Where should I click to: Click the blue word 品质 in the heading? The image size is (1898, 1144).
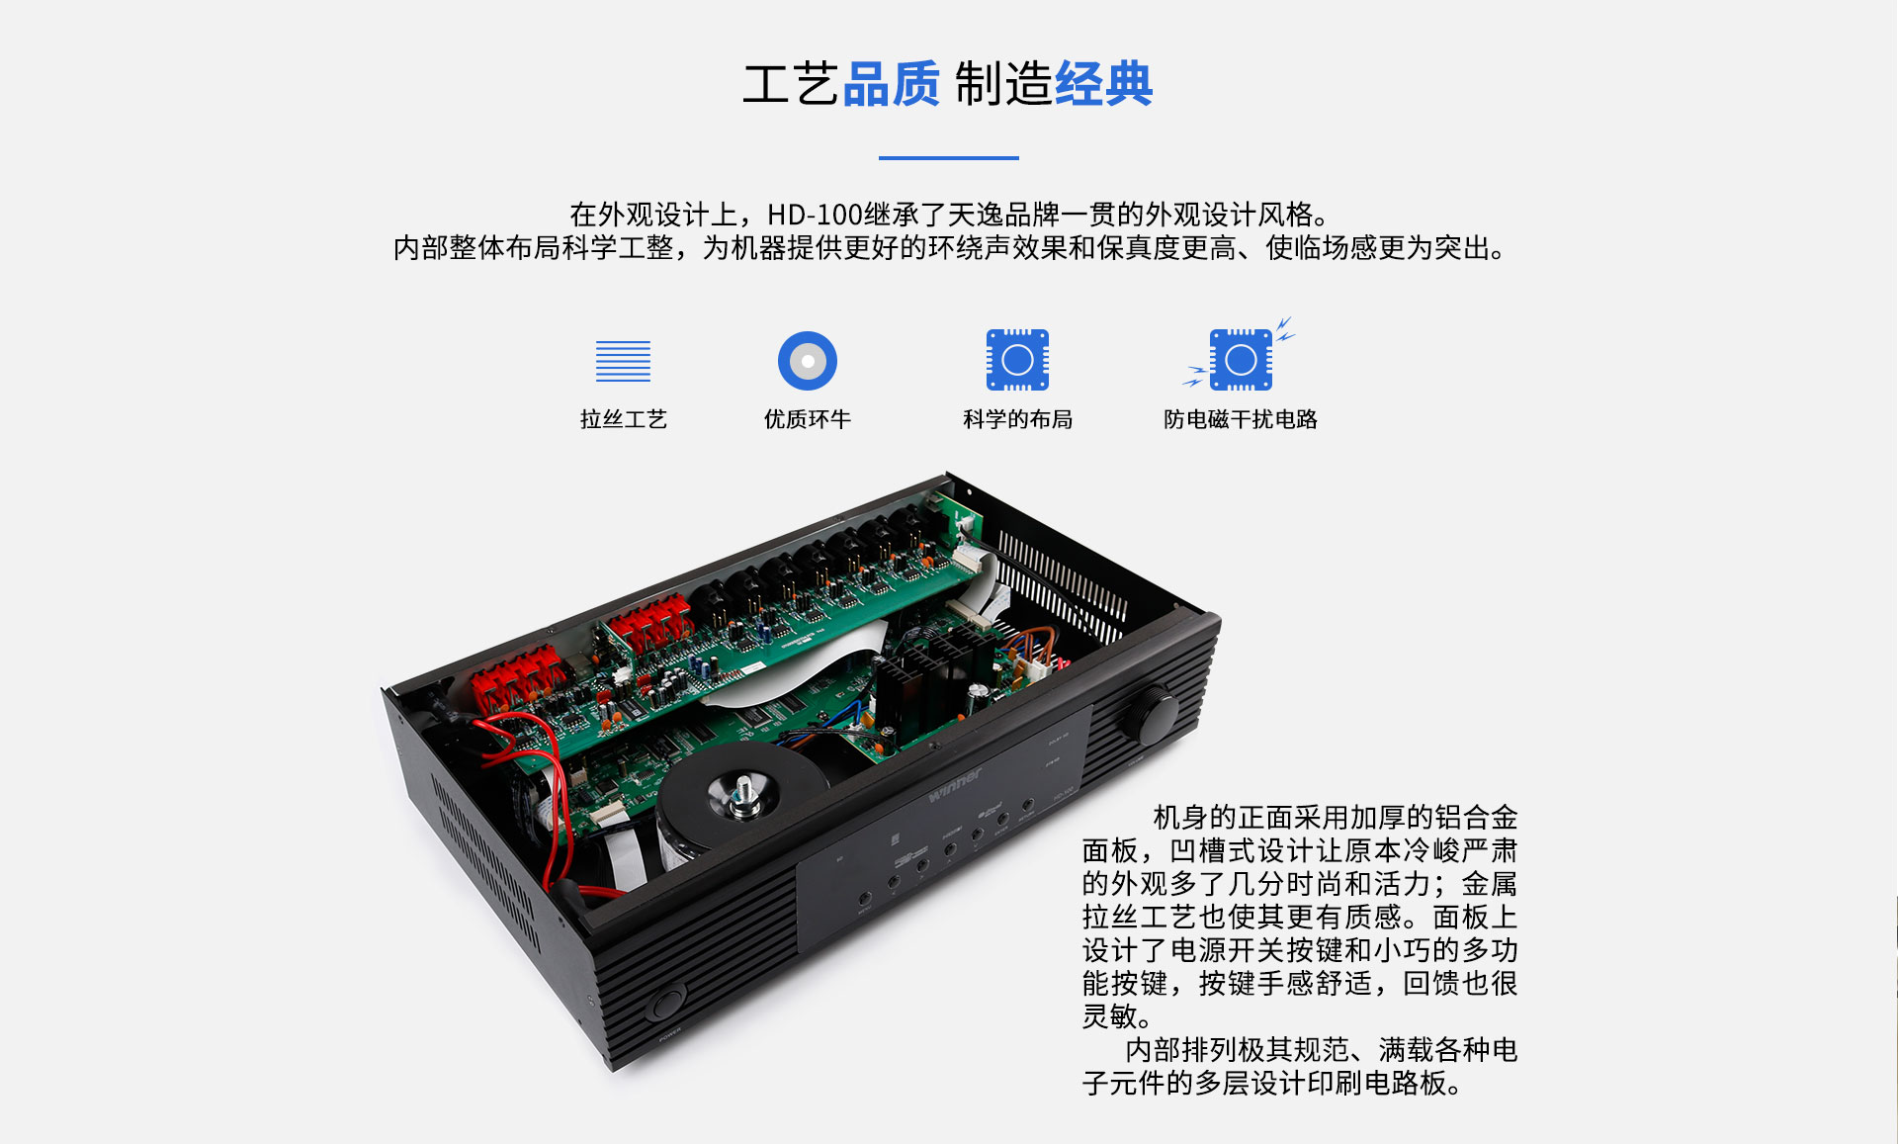(x=891, y=84)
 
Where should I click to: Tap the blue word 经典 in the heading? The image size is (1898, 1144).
(x=1103, y=84)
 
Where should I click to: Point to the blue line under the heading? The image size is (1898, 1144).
(x=948, y=157)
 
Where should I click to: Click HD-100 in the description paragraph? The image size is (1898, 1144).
(x=815, y=215)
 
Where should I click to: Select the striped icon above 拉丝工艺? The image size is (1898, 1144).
(x=623, y=361)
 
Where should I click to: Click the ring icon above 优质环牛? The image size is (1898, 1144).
(x=808, y=361)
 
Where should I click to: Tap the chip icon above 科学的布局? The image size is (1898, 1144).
(x=1017, y=360)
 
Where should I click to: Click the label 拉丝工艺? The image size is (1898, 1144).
(x=623, y=419)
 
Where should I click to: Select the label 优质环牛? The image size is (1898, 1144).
(x=808, y=419)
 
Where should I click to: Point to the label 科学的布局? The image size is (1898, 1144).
(x=1017, y=419)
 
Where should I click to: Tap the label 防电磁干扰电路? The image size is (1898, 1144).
(x=1241, y=419)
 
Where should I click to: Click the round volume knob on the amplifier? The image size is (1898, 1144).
(x=1150, y=715)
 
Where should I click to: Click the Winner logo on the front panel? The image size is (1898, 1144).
(x=955, y=785)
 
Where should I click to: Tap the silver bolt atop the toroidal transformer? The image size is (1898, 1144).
(x=741, y=796)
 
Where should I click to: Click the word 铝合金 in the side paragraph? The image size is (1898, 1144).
(x=1476, y=818)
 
